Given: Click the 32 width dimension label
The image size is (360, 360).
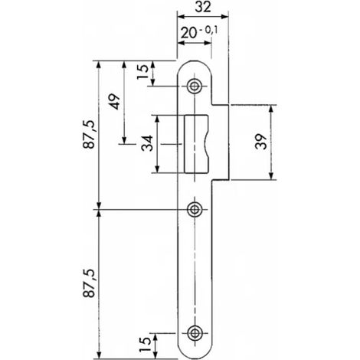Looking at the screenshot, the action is click(x=203, y=7).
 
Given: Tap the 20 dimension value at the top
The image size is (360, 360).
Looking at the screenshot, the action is click(x=189, y=33).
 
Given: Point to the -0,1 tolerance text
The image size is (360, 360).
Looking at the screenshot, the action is click(x=208, y=31).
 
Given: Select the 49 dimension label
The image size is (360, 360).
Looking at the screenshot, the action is click(x=115, y=102).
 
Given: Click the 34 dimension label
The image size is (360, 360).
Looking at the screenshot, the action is click(x=148, y=143).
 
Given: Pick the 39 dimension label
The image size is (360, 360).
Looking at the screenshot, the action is click(x=261, y=141).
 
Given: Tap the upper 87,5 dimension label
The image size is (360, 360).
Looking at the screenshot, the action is click(x=90, y=134).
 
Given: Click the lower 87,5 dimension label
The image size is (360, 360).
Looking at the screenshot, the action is click(x=90, y=283).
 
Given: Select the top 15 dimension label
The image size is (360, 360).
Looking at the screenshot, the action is click(x=142, y=72).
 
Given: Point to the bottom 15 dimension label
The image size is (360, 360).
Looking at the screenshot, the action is click(x=145, y=344).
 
